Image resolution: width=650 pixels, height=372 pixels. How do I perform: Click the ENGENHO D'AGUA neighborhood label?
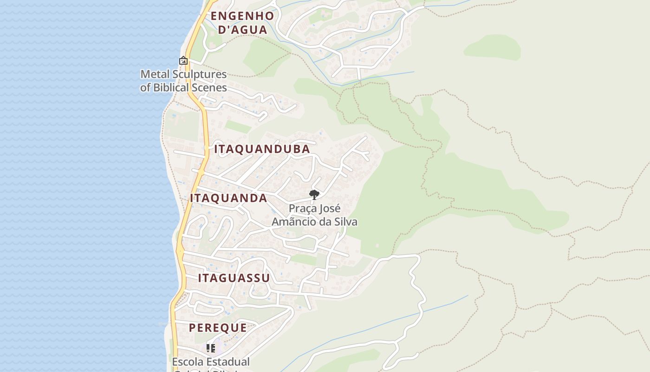242,23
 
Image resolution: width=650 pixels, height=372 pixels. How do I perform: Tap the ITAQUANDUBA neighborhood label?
262,149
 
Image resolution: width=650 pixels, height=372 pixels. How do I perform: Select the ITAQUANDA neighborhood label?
228,198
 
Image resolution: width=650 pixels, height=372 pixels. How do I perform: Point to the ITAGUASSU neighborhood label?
234,278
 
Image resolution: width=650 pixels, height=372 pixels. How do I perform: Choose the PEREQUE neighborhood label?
218,327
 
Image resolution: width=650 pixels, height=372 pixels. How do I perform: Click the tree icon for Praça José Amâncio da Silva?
314,194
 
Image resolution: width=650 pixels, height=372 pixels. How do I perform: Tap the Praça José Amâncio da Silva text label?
314,215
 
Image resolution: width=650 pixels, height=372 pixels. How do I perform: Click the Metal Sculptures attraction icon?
183,60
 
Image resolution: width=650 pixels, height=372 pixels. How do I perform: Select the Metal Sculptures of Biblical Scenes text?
183,81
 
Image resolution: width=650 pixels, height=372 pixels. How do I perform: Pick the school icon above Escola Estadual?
211,348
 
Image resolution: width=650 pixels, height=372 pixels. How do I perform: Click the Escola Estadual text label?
211,362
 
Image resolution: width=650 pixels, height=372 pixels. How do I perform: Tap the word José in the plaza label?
328,208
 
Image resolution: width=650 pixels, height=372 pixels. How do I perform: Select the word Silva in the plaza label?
345,222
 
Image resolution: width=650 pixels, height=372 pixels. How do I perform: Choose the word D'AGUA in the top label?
242,30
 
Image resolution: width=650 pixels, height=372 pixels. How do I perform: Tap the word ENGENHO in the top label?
242,16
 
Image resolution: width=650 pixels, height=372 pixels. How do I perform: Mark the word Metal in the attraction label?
155,74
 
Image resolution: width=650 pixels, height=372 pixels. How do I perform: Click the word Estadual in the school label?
227,362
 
